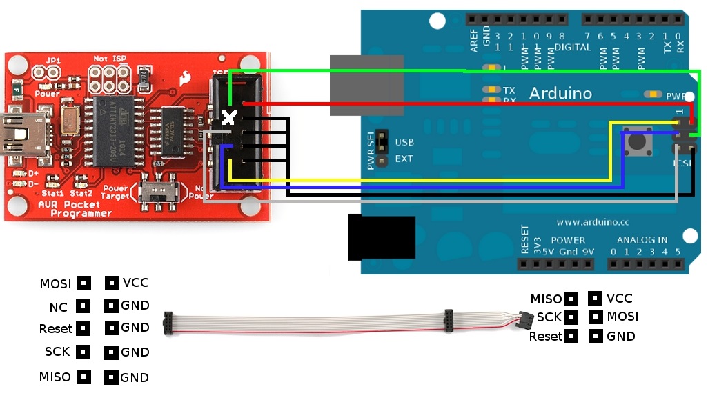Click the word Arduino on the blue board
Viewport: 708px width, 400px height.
pos(560,92)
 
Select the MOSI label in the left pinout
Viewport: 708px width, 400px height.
pos(55,283)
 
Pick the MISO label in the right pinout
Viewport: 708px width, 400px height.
pos(546,299)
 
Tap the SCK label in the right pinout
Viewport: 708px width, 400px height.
pos(549,317)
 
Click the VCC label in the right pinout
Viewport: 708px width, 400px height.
pos(619,299)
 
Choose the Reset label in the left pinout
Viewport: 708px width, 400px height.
pos(55,329)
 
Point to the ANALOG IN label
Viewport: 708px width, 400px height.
pos(642,240)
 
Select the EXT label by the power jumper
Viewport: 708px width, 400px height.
pos(404,159)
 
